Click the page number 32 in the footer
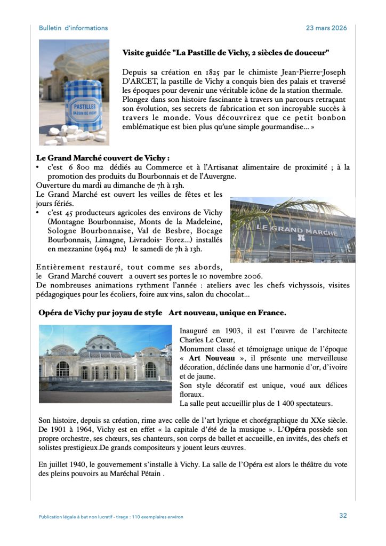click(343, 516)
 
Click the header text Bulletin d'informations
click(73, 28)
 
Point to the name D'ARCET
click(141, 81)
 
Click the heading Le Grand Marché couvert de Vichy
click(102, 158)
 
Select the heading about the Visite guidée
click(226, 52)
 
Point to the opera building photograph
click(105, 364)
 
